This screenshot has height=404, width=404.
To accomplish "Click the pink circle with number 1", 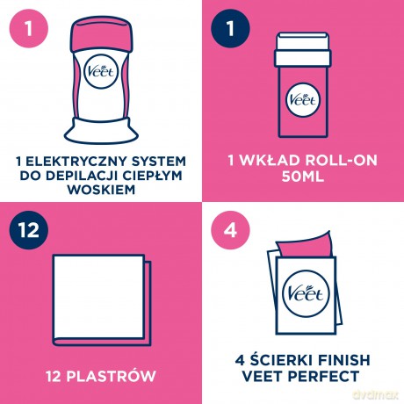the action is [29, 28].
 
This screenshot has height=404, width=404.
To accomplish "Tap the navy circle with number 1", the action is [230, 28].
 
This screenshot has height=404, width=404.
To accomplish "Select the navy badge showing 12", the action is [29, 230].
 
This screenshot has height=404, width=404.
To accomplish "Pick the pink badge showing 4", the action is [230, 230].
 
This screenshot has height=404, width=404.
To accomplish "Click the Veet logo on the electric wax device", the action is [101, 72].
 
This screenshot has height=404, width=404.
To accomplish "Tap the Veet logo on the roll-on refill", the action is [303, 100].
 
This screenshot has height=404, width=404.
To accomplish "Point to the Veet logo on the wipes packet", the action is [307, 293].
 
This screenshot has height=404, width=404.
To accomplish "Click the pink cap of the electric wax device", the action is [101, 34].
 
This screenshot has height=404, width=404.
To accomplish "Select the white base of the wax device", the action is [101, 131].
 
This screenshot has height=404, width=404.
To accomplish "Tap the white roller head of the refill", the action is [303, 50].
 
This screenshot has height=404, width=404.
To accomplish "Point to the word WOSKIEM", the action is [101, 190].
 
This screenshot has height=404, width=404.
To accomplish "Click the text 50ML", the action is [303, 177].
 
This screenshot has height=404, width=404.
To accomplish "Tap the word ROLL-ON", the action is [341, 161].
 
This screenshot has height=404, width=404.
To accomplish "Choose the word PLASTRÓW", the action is [111, 376].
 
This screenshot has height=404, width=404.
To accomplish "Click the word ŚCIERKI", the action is [277, 360].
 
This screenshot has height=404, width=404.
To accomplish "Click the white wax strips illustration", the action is [102, 300].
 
